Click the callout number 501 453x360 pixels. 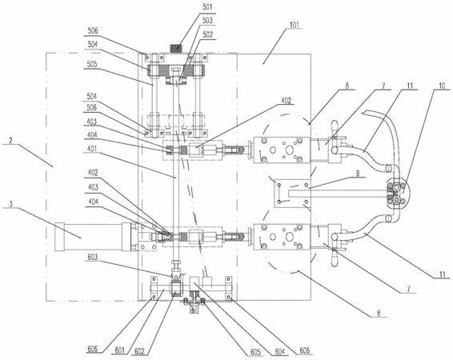click(207, 7)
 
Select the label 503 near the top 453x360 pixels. click(207, 21)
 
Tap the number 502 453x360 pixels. click(207, 34)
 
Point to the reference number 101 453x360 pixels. click(295, 25)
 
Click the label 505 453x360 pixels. click(93, 64)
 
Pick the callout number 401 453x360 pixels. click(93, 150)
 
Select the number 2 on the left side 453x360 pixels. click(10, 141)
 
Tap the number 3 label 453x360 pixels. click(10, 204)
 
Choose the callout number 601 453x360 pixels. click(119, 350)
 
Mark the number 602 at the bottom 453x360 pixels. click(139, 351)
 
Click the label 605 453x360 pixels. click(255, 352)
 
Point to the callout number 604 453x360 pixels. click(279, 352)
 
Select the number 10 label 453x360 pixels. click(442, 86)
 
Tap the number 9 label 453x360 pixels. click(358, 174)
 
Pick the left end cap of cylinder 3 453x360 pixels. click(59, 237)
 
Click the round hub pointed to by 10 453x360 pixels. click(398, 192)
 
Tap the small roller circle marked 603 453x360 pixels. click(176, 277)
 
